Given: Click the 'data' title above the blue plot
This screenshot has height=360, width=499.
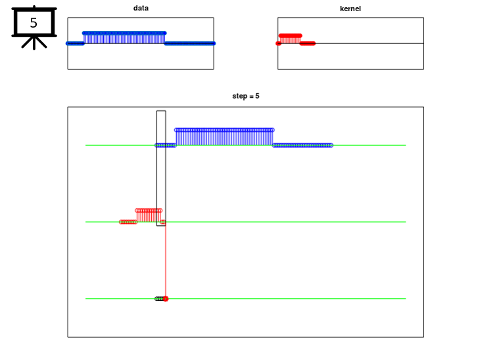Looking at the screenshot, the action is [x=141, y=8].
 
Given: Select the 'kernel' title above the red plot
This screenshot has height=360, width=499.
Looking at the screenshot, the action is [x=350, y=9].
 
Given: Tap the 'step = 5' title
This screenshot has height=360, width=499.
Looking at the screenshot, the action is [x=246, y=96].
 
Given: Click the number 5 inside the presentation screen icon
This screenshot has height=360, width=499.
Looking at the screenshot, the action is [x=34, y=22].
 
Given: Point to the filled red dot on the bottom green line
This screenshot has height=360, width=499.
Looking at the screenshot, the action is [x=166, y=299].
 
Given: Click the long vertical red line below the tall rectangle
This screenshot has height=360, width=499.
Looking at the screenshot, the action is [x=166, y=261].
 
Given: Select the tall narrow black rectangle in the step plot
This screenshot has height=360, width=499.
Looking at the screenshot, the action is [x=156, y=168].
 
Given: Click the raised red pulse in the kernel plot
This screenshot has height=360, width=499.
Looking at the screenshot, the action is [x=290, y=39].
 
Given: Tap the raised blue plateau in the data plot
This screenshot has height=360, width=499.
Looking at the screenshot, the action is [x=124, y=37].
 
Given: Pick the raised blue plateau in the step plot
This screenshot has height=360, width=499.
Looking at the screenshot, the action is [x=224, y=137].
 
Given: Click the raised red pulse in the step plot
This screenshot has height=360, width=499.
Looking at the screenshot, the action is [x=149, y=215].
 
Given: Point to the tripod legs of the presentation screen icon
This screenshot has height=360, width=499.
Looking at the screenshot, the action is [x=34, y=43].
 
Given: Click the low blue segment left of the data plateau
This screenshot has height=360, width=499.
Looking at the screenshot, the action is [x=75, y=43].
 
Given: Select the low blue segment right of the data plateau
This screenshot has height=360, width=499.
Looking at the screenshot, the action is [x=190, y=43].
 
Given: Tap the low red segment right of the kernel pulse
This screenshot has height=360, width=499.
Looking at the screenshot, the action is [x=308, y=43].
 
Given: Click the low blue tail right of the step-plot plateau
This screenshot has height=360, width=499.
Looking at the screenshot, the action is [x=302, y=145].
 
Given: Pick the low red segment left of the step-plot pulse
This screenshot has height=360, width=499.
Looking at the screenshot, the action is [x=128, y=222].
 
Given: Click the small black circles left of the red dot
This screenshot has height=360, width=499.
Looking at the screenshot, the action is [x=159, y=299].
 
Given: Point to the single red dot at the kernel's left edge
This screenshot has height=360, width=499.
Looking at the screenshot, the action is [x=279, y=43].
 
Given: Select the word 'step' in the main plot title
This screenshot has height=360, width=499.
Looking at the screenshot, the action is [x=239, y=97].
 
